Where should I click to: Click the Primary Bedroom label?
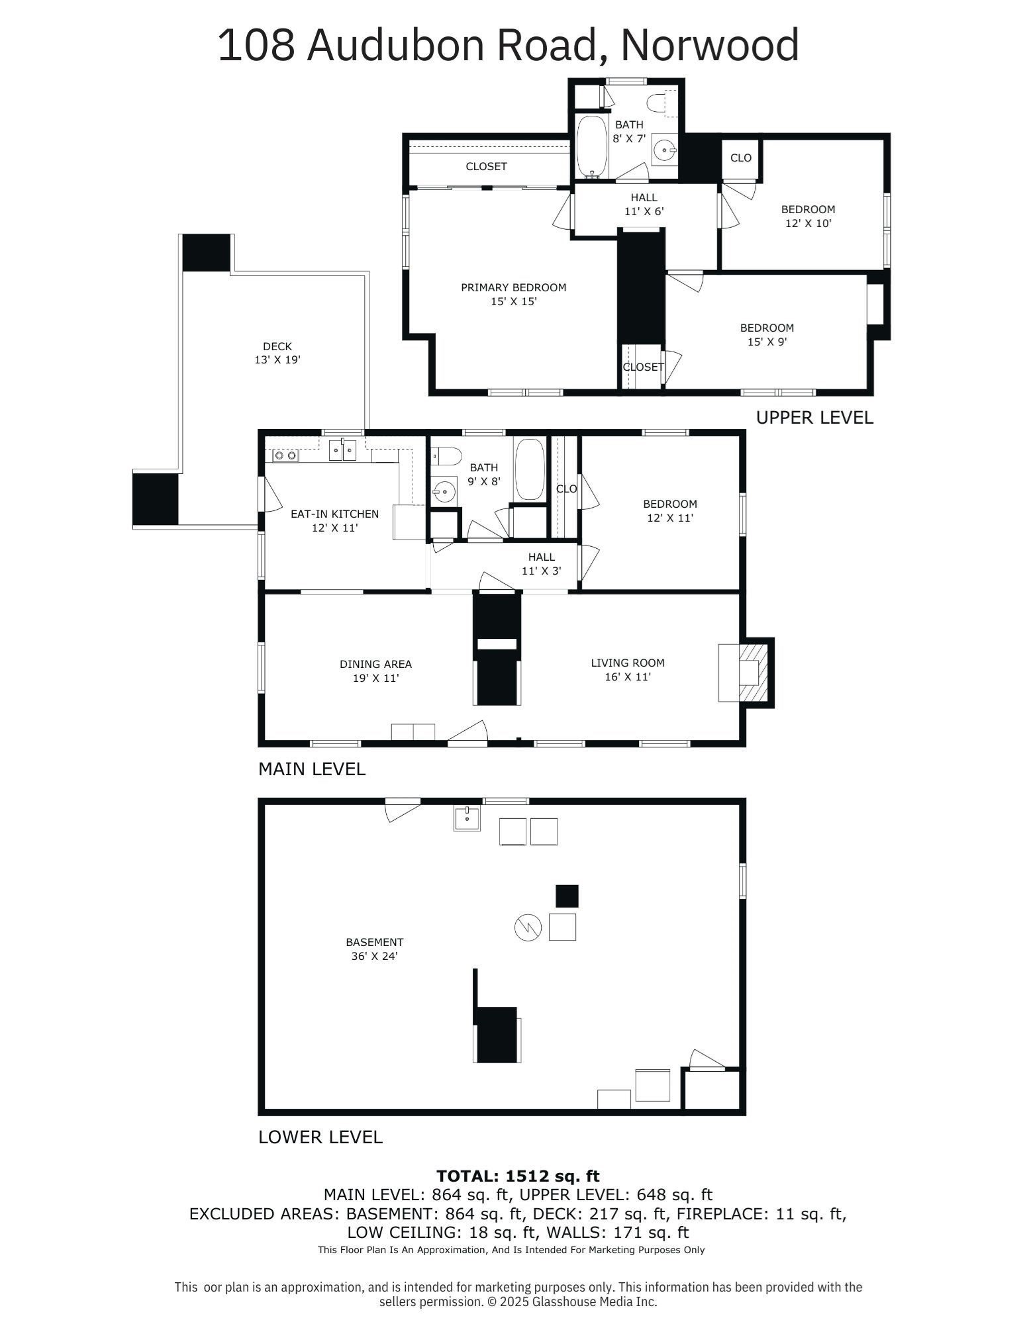click(513, 294)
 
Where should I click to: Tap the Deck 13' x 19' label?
click(277, 353)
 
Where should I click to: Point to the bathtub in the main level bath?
click(530, 469)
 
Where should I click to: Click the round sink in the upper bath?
click(664, 151)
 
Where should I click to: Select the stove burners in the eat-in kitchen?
click(285, 455)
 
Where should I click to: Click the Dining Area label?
click(375, 671)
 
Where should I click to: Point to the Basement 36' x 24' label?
click(374, 949)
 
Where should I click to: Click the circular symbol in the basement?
click(528, 927)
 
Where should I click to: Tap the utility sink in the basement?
click(467, 818)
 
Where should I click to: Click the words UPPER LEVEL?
click(814, 418)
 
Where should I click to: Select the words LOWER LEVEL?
click(320, 1137)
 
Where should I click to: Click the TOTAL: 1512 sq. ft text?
click(518, 1176)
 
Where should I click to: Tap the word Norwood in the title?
click(709, 45)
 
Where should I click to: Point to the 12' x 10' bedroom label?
click(808, 216)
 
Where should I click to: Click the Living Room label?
click(627, 669)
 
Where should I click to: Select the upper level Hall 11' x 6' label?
click(644, 205)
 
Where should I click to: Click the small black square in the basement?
click(567, 896)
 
